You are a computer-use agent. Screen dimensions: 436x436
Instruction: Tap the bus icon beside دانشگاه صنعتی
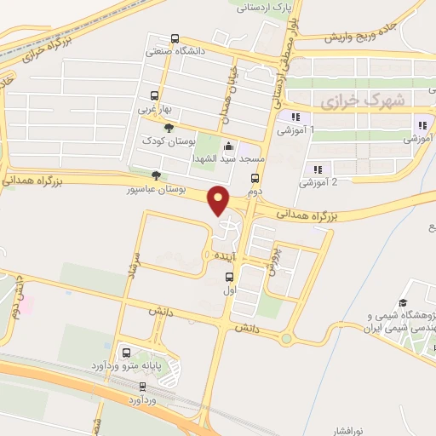point(175,38)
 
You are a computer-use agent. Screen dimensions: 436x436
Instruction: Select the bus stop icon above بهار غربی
point(154,95)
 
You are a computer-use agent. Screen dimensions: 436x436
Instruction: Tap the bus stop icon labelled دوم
point(255,178)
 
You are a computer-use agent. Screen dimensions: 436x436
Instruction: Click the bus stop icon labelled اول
point(229,277)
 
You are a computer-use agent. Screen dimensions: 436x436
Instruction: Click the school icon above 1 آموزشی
point(295,118)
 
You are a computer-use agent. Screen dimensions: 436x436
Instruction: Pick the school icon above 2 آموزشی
point(318,169)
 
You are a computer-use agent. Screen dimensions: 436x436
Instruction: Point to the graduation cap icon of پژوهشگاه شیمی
point(403,302)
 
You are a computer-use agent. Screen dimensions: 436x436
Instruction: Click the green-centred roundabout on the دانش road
point(287,339)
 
